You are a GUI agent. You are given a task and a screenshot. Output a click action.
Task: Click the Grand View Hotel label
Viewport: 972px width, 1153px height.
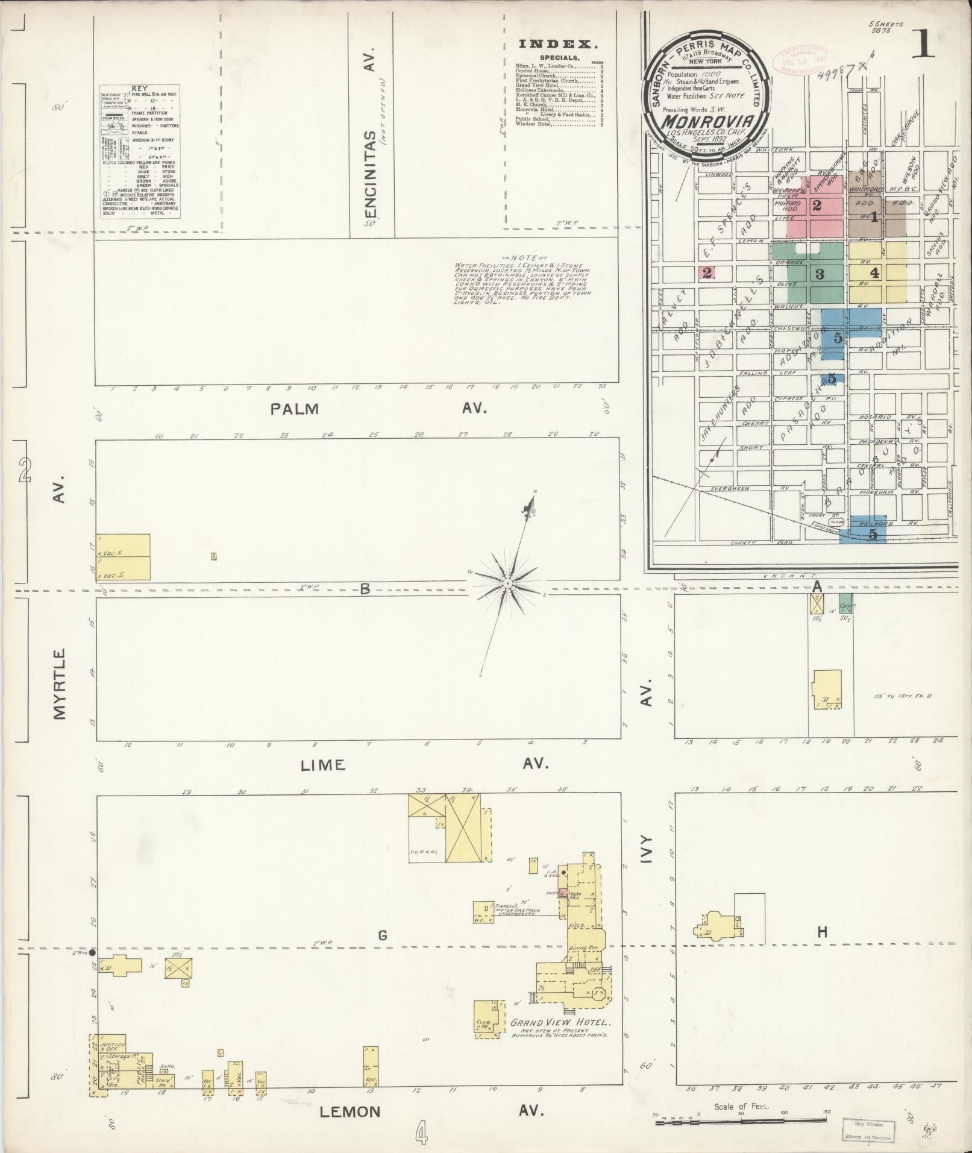click(560, 1023)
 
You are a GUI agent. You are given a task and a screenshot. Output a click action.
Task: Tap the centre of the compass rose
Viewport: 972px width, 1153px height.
click(508, 583)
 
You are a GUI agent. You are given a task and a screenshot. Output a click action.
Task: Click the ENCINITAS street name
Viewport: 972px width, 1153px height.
click(372, 175)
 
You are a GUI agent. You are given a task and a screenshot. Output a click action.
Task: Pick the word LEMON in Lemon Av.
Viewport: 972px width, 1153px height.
click(350, 1111)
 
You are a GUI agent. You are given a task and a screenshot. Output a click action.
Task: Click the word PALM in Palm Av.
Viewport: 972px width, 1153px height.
click(294, 409)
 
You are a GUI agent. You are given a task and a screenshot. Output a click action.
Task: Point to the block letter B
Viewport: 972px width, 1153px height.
click(365, 589)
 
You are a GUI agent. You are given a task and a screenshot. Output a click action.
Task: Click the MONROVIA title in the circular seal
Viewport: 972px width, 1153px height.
click(702, 121)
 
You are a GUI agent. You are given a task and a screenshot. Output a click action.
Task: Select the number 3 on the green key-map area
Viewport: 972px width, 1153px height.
click(819, 274)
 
